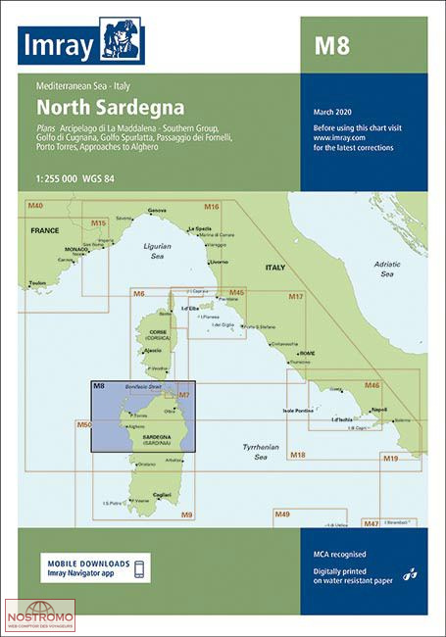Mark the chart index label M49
[x=282, y=514]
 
